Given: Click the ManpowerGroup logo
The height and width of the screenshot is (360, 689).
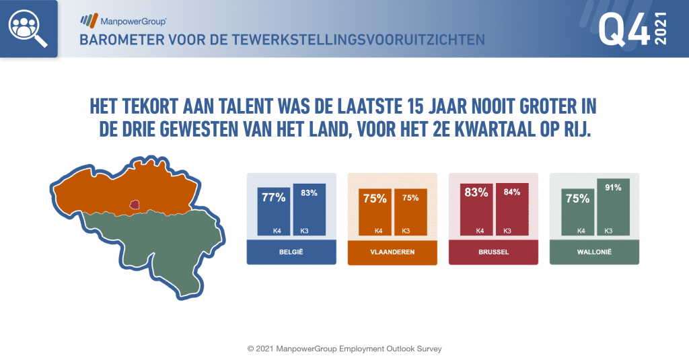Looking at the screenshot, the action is coord(124,21).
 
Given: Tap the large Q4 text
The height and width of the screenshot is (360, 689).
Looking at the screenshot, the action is coord(624,29).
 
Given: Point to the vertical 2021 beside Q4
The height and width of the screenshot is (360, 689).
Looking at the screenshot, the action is coord(661,28).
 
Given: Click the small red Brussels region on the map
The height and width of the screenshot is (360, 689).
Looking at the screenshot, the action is coord(135,205).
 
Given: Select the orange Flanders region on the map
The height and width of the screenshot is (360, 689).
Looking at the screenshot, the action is coord(127,187).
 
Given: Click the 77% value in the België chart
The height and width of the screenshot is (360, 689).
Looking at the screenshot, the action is coord(274,198).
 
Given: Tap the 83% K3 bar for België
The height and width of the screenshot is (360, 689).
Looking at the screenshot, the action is coord(310,209).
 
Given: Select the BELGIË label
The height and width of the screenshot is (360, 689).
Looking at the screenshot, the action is coord(291,252).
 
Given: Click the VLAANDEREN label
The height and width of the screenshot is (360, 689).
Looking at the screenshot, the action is coord(392,252).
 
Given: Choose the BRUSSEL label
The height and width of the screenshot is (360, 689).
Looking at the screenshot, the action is coord(493,252).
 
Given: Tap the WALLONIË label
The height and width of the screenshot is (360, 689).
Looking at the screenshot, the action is coord(595,252).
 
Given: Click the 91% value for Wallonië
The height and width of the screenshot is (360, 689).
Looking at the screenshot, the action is coord(613,188).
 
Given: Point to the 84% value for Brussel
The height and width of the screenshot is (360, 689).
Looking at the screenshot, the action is coord(512,192).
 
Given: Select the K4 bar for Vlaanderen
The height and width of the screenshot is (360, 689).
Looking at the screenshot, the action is coord(375,212).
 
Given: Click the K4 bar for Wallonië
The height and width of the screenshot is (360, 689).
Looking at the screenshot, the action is coord(578,212).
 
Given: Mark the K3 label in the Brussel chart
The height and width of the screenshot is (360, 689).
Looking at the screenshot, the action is coord(507,231).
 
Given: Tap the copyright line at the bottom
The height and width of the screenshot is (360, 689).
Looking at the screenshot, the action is coord(344,349).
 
